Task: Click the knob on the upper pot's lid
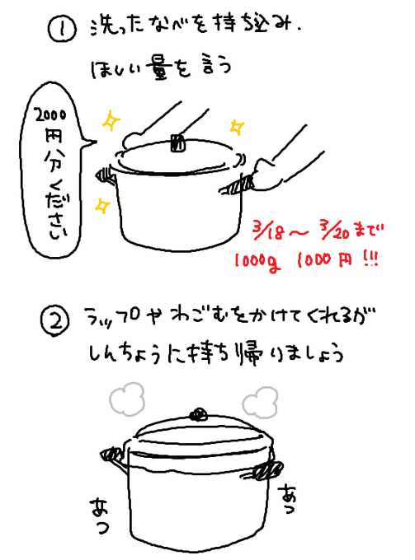(175, 142)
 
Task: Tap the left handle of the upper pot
(106, 173)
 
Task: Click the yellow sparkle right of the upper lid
(236, 127)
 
